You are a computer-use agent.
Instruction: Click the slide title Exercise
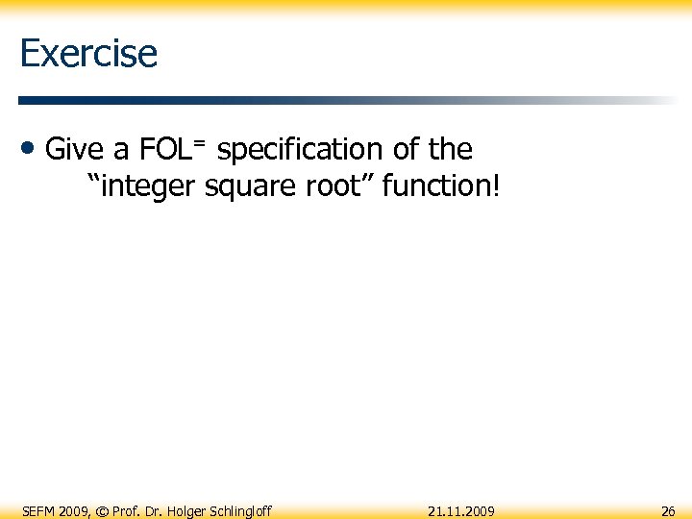pyautogui.click(x=87, y=53)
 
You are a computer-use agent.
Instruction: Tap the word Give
pyautogui.click(x=76, y=150)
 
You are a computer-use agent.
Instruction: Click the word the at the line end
pyautogui.click(x=450, y=150)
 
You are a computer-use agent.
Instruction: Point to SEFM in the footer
pyautogui.click(x=39, y=511)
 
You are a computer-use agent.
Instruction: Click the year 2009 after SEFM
pyautogui.click(x=75, y=511)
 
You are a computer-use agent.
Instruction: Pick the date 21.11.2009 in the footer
pyautogui.click(x=461, y=511)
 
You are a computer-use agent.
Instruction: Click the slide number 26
pyautogui.click(x=667, y=511)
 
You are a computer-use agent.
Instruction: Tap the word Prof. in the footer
pyautogui.click(x=126, y=511)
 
